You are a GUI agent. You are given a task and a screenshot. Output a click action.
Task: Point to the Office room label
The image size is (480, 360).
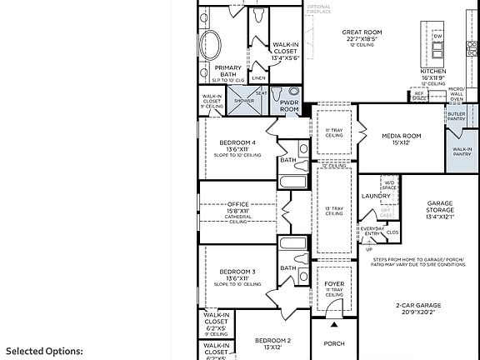pos(238,204)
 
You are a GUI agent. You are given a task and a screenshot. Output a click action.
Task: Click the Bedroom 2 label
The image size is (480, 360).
pos(272,341)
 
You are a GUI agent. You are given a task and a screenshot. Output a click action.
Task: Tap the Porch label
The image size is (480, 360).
pos(334,342)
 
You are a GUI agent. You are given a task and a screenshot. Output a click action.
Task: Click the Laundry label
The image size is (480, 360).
pos(376,196)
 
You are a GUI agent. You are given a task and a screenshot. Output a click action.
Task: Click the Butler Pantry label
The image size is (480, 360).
pos(456,116)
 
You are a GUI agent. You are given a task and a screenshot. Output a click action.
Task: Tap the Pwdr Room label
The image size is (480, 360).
pos(289,105)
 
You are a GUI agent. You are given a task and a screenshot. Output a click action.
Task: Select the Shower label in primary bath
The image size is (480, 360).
pos(244,100)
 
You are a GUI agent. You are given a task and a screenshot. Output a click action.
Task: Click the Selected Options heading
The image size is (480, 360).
pos(45,352)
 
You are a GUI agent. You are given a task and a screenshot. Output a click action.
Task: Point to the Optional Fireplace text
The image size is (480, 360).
pos(319,9)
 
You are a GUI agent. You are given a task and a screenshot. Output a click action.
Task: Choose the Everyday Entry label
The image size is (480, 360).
pos(372,231)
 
